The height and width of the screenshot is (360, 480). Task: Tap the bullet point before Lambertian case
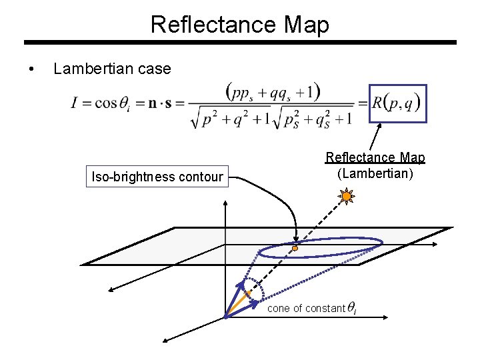click(31, 69)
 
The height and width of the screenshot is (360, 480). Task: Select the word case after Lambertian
click(154, 69)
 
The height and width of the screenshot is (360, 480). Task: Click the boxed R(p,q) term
click(397, 103)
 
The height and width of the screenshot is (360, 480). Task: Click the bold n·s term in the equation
click(160, 104)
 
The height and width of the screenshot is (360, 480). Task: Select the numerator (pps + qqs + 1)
click(273, 92)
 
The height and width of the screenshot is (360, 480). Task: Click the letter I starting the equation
click(74, 103)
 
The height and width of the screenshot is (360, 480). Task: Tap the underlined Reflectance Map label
click(375, 157)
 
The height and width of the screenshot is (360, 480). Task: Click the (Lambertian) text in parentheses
click(375, 173)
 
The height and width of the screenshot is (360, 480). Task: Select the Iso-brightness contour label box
click(157, 176)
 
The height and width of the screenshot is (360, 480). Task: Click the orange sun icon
click(346, 196)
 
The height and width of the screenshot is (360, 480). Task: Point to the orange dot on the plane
click(295, 248)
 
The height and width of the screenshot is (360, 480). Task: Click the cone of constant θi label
click(312, 308)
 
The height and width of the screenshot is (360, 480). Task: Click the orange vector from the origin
click(238, 305)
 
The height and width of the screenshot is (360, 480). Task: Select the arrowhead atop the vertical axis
click(225, 203)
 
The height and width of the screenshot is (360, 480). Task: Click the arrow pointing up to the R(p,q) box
click(375, 137)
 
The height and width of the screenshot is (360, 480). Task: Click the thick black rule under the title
click(240, 42)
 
